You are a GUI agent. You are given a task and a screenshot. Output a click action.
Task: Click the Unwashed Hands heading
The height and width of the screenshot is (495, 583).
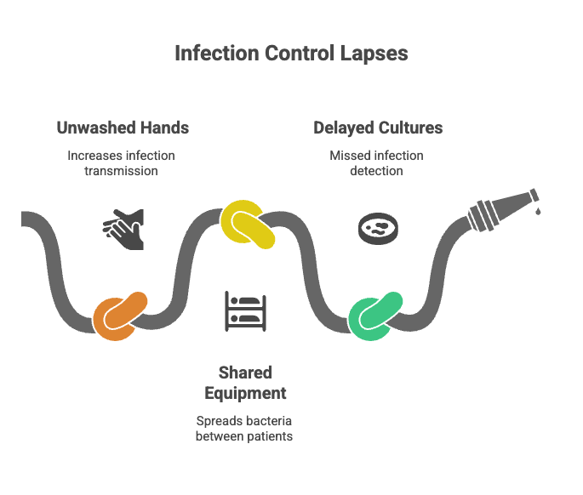coord(123,128)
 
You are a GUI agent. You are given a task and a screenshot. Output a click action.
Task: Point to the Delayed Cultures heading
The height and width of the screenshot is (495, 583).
coord(377,128)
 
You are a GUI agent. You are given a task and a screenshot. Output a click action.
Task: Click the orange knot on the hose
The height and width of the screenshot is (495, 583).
coord(120,316)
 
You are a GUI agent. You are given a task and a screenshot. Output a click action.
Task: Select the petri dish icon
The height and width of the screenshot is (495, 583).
coord(377,227)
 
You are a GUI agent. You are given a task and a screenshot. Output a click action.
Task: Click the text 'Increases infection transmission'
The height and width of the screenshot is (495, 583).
coord(121,162)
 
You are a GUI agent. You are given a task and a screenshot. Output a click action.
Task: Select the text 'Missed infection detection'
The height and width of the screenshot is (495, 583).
coord(376,162)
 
